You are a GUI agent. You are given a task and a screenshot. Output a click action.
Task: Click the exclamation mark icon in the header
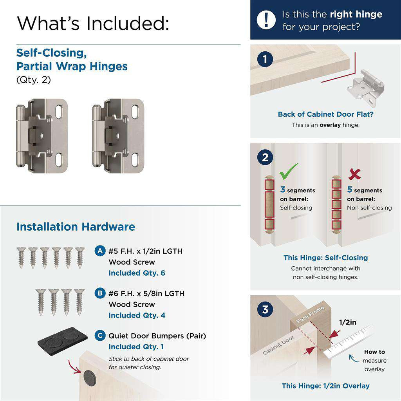[266, 20]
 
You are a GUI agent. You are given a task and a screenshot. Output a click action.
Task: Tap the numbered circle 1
[266, 60]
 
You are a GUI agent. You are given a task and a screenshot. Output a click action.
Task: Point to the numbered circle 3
[266, 310]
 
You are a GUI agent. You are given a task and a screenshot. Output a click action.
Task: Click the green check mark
[289, 172]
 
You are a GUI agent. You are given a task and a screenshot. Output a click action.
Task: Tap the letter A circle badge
[100, 251]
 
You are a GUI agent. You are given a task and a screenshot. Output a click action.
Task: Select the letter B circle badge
[100, 293]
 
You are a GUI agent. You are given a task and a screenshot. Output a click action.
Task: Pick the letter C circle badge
[100, 336]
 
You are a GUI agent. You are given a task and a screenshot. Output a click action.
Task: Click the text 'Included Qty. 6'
[137, 273]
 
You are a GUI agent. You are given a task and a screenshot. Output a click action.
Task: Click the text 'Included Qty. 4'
[137, 315]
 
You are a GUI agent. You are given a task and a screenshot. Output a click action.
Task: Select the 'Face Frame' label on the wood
[310, 314]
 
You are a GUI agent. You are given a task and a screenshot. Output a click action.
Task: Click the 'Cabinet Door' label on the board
[278, 346]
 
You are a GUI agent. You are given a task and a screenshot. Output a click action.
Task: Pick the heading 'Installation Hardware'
[76, 227]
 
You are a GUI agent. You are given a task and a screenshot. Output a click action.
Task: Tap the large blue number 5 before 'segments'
[350, 190]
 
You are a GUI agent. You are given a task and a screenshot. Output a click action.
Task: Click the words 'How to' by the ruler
[374, 352]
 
